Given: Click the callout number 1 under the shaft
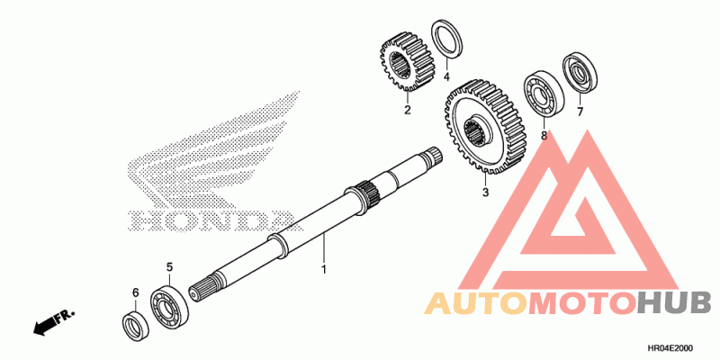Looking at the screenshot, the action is click(324, 269).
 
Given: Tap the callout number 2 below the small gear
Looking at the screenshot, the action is click(407, 111).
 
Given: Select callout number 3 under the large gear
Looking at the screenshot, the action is click(484, 193).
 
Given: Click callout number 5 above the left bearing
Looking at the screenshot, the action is click(168, 267).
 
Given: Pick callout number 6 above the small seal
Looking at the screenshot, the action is click(136, 292).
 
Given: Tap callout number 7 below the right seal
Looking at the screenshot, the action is click(580, 112).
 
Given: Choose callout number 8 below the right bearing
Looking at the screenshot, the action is click(544, 136).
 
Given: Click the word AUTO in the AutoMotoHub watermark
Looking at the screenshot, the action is click(475, 302).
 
